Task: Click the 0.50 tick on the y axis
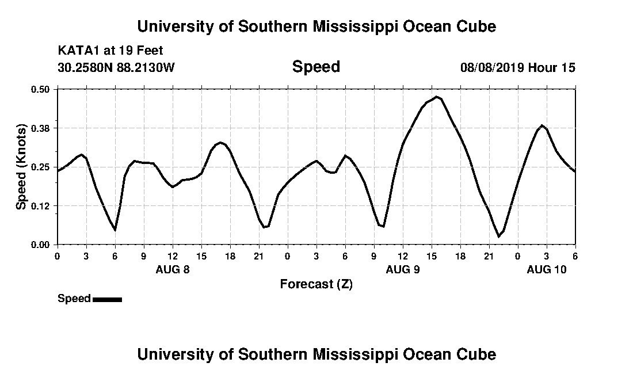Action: (x=42, y=89)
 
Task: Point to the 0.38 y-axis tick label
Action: (x=42, y=128)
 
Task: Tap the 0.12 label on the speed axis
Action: (x=42, y=205)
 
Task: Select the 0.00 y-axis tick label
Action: (x=42, y=245)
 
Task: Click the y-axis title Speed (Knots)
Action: (x=21, y=167)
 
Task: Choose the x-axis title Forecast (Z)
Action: (x=316, y=284)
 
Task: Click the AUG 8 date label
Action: (x=173, y=269)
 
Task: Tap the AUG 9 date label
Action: (x=403, y=269)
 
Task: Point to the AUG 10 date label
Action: (x=547, y=269)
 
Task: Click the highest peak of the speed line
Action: (x=437, y=97)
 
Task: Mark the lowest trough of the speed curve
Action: (x=499, y=236)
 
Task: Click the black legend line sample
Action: (x=107, y=299)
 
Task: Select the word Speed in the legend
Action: (x=74, y=299)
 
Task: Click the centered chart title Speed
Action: (x=316, y=67)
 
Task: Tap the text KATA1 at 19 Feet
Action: (x=110, y=51)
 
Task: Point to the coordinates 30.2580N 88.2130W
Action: (x=116, y=67)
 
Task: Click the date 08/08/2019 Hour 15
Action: (x=517, y=67)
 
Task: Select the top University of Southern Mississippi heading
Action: (x=316, y=26)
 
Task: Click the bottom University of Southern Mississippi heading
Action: (x=316, y=354)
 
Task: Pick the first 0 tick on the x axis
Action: (x=57, y=255)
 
